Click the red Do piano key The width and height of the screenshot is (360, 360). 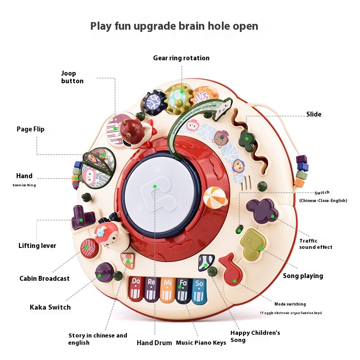(135, 288)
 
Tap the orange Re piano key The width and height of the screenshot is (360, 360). (151, 288)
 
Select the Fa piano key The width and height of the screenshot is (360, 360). (183, 288)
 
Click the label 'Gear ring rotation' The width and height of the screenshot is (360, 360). (181, 58)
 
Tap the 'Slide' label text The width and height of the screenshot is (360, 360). (314, 114)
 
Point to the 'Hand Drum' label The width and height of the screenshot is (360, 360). (154, 343)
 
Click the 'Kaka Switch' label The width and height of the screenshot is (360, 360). (50, 307)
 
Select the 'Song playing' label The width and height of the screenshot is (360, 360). (303, 276)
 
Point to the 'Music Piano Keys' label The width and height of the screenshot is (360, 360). (201, 343)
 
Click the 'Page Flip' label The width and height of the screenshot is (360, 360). (31, 129)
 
